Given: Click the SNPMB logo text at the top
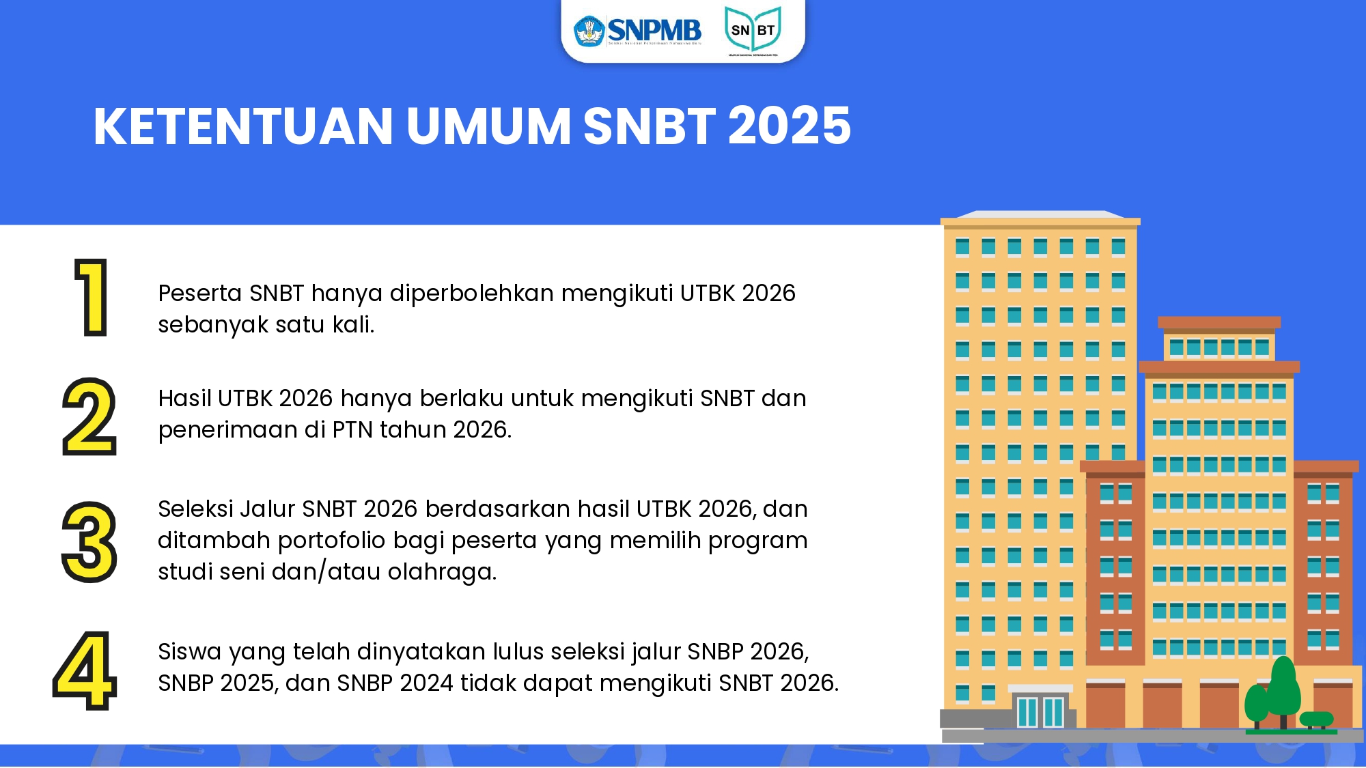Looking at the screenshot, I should (x=654, y=30).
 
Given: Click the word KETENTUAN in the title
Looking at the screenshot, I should (x=243, y=126).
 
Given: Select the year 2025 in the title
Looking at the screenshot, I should (x=790, y=126).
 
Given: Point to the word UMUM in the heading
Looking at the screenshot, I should (x=488, y=126).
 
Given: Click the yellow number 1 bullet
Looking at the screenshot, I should (x=92, y=298).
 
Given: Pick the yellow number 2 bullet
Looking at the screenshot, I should (x=89, y=416).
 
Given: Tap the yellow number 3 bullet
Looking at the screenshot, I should (x=89, y=542).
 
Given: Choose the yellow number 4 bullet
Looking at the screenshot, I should (x=85, y=670).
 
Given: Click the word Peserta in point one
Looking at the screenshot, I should (x=199, y=294).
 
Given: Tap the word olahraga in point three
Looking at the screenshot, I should (x=441, y=572).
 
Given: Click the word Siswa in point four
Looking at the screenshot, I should (x=189, y=652).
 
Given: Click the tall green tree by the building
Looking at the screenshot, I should (x=1283, y=686).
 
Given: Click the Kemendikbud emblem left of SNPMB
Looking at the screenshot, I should (x=589, y=31).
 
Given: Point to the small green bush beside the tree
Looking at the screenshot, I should (x=1316, y=719).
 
